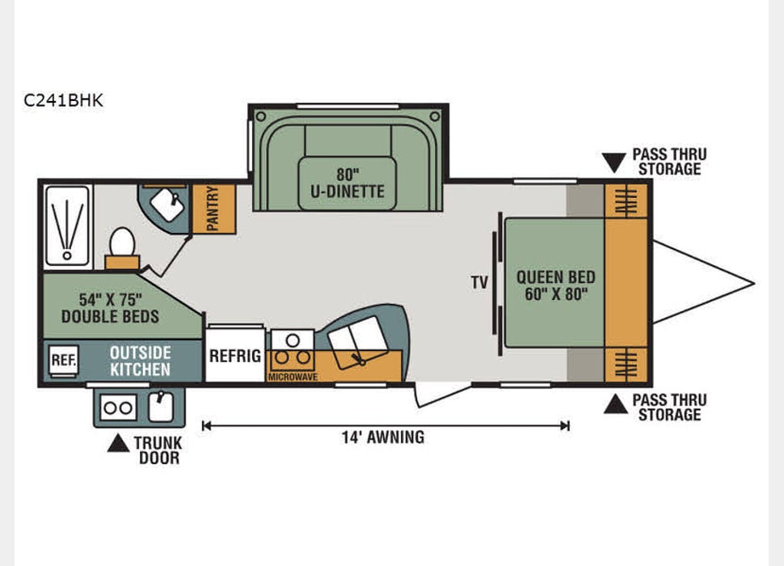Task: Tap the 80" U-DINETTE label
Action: (348, 182)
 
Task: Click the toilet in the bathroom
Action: (121, 242)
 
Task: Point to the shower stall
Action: (68, 224)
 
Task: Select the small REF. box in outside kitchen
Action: (62, 360)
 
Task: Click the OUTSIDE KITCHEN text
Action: (141, 361)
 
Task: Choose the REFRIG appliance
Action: (235, 355)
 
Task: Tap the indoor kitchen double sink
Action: (356, 337)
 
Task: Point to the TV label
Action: (480, 283)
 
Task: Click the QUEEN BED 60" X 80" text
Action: (556, 285)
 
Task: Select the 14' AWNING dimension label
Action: (383, 437)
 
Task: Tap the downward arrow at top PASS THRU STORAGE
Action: (614, 163)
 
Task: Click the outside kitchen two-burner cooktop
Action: (118, 408)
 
